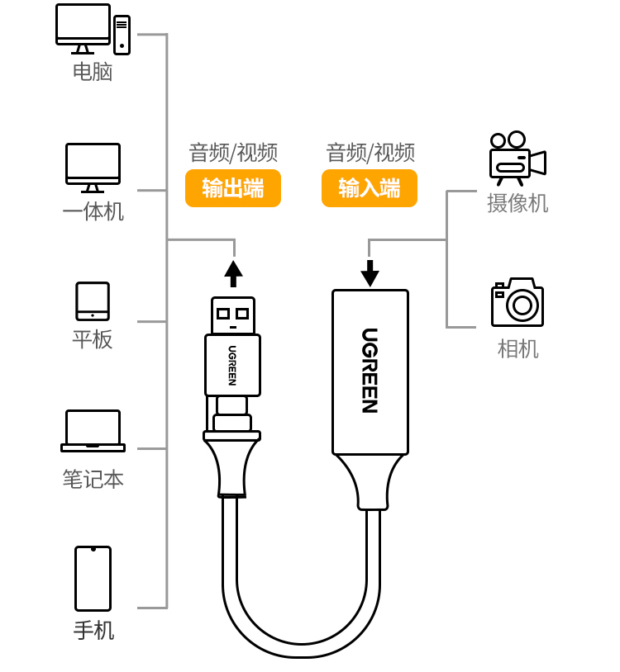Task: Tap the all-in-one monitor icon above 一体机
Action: pyautogui.click(x=93, y=166)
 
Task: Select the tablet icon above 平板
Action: pyautogui.click(x=93, y=301)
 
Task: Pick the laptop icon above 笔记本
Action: pyautogui.click(x=93, y=430)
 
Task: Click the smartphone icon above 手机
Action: pyautogui.click(x=93, y=578)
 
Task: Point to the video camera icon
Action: pyautogui.click(x=517, y=158)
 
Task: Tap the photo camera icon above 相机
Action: pyautogui.click(x=517, y=302)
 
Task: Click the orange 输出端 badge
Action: pyautogui.click(x=233, y=188)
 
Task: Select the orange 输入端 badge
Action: pyautogui.click(x=370, y=188)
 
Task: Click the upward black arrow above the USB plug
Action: pyautogui.click(x=233, y=272)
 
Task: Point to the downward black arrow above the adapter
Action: pyautogui.click(x=370, y=273)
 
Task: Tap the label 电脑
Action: pyautogui.click(x=93, y=72)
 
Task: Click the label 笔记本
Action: pyautogui.click(x=93, y=479)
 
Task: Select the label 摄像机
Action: pyautogui.click(x=517, y=203)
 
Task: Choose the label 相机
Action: pyautogui.click(x=517, y=348)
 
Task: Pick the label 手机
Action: pyautogui.click(x=93, y=631)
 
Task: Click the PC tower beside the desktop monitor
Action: pyautogui.click(x=122, y=35)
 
